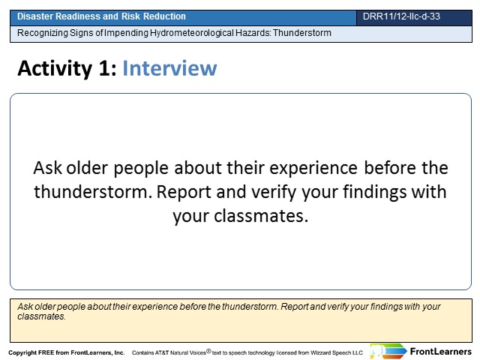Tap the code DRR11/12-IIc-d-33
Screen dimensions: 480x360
point(401,16)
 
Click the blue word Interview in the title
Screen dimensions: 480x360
point(169,68)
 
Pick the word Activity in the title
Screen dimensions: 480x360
point(55,68)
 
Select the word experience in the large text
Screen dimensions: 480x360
point(313,168)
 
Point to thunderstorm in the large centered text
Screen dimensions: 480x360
point(93,192)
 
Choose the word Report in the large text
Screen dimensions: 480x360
point(184,193)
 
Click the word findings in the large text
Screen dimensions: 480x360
point(374,193)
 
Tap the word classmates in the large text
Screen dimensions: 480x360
point(260,217)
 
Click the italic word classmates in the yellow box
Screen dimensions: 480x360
point(41,316)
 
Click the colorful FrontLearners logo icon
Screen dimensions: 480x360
point(388,351)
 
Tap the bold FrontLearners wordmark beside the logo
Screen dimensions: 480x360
point(441,352)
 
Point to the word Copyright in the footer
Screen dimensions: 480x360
point(22,352)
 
